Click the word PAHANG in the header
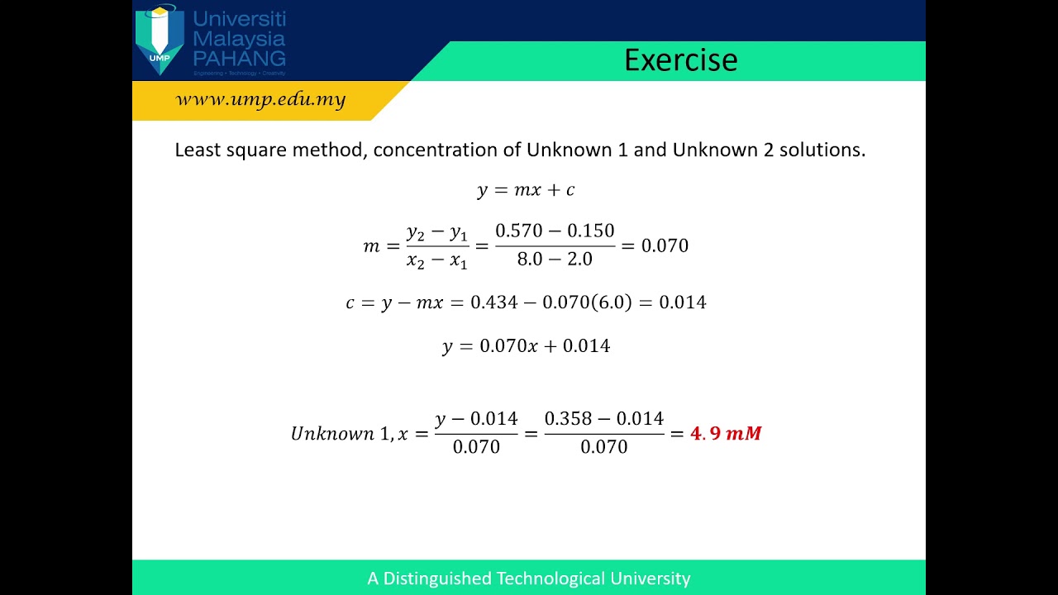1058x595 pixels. tap(239, 58)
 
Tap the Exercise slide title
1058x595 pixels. tap(680, 60)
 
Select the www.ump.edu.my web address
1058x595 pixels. tap(260, 100)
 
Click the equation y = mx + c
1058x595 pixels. tap(526, 190)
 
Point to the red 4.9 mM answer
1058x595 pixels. tap(726, 433)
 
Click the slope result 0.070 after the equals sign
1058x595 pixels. tap(665, 246)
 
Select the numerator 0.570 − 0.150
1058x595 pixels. tap(555, 231)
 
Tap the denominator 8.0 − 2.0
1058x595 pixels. tap(555, 259)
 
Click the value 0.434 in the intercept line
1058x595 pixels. tap(493, 302)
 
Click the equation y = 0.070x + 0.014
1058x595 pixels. tap(526, 346)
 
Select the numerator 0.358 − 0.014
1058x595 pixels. tap(603, 419)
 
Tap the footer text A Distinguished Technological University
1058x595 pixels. tap(529, 578)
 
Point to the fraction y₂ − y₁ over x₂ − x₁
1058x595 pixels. tap(437, 246)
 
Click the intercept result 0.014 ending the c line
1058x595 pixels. tap(682, 302)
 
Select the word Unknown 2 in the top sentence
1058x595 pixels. tap(722, 150)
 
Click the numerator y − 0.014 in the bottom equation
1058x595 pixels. tap(476, 419)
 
